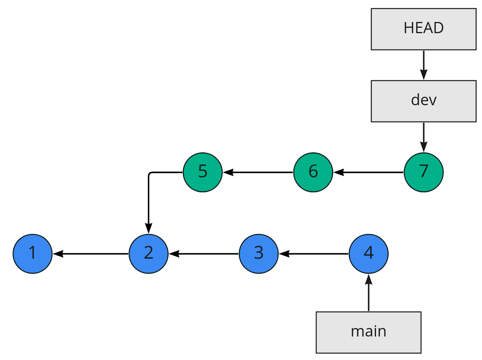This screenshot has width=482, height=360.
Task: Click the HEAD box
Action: coord(423,29)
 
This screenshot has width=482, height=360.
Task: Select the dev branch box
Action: coord(423,101)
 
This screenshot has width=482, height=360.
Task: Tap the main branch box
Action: coord(368,332)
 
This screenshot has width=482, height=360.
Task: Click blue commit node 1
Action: coord(32,254)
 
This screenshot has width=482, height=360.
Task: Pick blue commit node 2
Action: coord(148,254)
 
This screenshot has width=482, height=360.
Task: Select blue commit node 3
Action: coord(259,254)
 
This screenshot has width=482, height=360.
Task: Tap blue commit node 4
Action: coord(368,254)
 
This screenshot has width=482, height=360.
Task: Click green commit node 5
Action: coord(203,172)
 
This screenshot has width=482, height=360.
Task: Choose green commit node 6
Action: coord(313,172)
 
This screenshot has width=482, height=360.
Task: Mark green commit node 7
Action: coord(423,172)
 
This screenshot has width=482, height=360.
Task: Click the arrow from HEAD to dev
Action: coord(423,65)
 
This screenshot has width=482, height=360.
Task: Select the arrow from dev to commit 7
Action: coord(423,137)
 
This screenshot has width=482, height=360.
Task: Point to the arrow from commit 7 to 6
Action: coord(368,172)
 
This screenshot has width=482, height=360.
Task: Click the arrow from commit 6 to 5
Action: coord(258,172)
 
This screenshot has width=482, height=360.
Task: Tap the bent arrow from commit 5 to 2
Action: coord(149,197)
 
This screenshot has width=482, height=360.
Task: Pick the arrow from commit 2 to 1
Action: coord(91,254)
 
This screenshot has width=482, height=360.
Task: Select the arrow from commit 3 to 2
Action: coord(203,254)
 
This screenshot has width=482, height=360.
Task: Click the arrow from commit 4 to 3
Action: coord(314,254)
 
